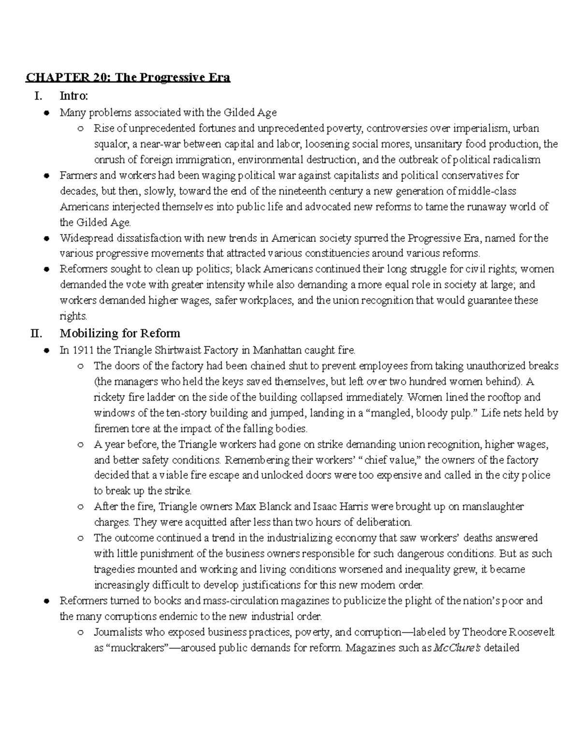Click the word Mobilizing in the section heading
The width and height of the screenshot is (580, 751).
(88, 333)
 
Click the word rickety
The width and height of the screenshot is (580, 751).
(109, 398)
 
